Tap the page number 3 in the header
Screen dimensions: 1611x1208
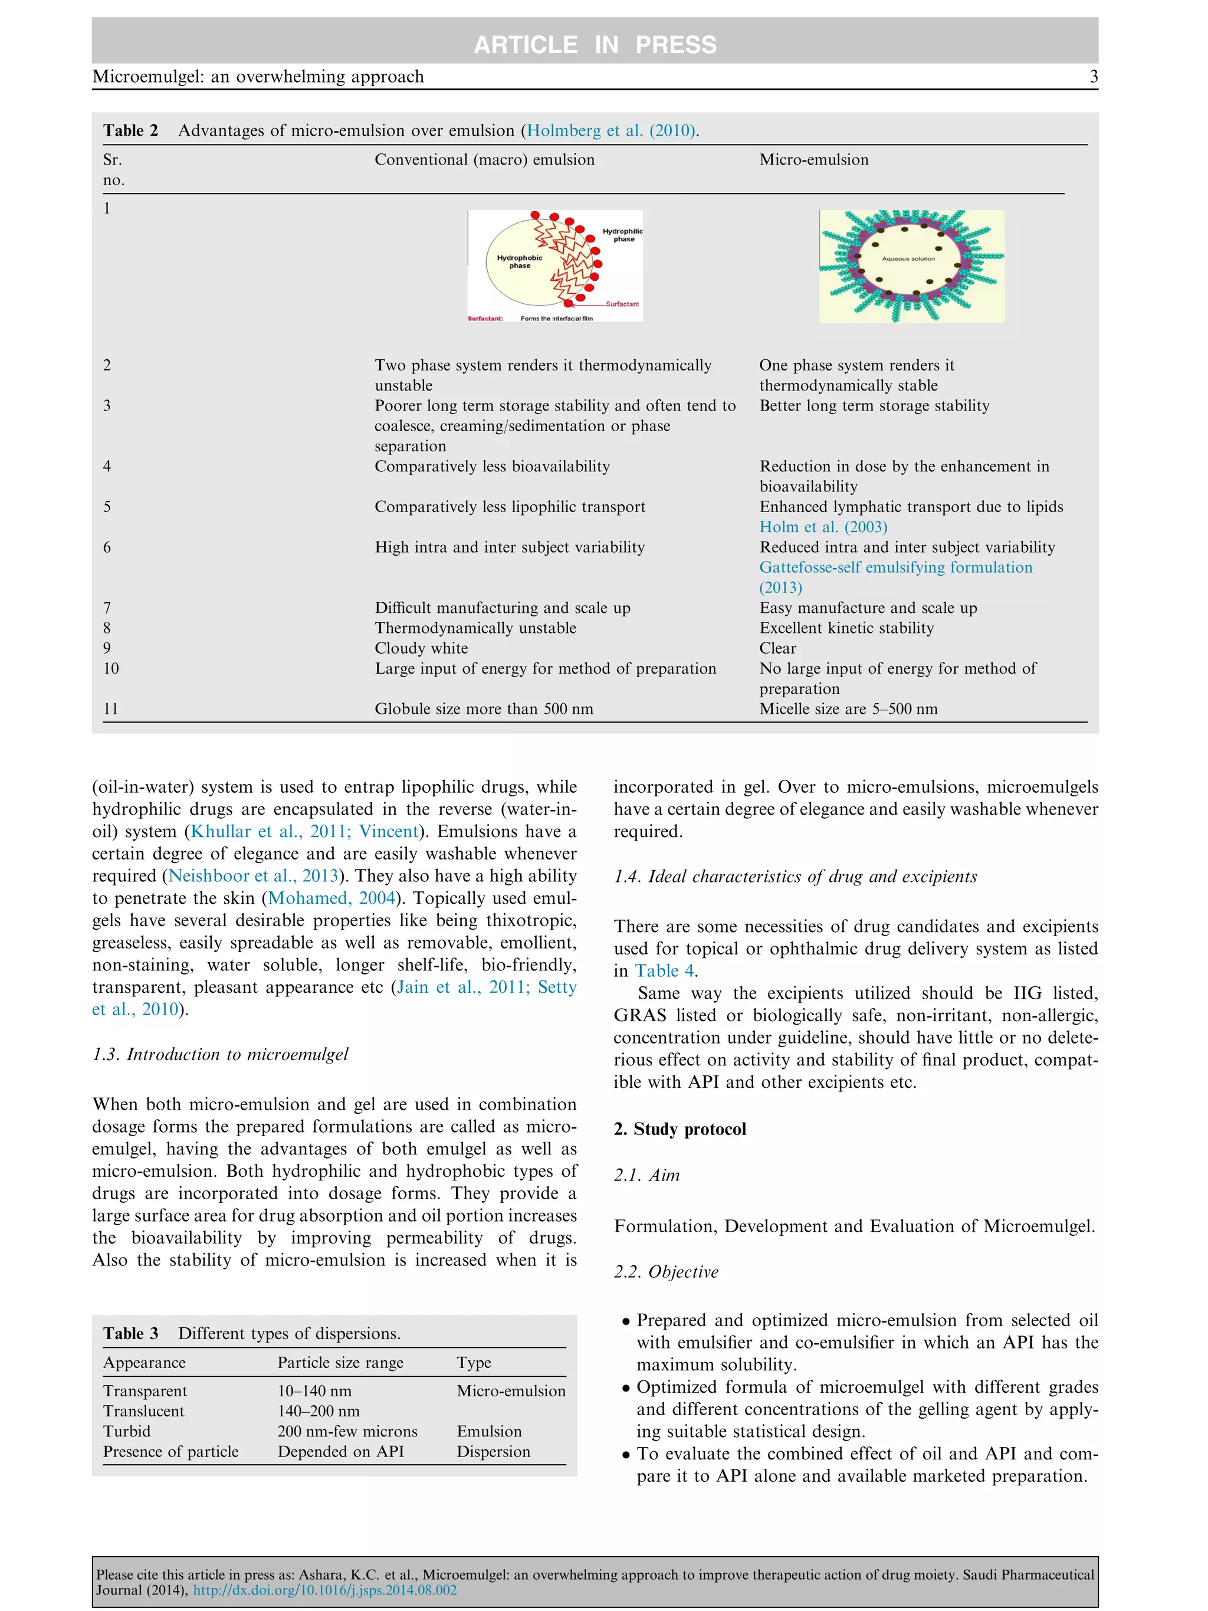[1093, 77]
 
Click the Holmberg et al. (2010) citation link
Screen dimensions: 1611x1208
[610, 130]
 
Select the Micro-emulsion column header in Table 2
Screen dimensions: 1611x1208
[813, 159]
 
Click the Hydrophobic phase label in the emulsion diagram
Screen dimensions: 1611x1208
[519, 261]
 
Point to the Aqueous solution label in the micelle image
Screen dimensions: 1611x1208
[908, 258]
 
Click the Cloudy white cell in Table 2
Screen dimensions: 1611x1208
[421, 648]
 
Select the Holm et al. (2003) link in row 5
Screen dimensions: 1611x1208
[823, 527]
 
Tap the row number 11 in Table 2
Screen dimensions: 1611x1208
[111, 708]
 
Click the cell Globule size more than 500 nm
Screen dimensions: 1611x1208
[484, 708]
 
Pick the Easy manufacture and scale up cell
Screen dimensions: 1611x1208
[868, 608]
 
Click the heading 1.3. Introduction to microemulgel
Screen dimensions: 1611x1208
[220, 1054]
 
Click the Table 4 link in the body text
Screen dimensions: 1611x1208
[664, 971]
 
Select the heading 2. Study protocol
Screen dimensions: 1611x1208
[679, 1129]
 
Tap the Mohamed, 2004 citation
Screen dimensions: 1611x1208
[332, 898]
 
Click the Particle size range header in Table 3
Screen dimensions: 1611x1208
[340, 1363]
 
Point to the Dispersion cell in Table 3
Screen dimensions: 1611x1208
[493, 1452]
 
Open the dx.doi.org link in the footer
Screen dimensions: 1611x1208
[325, 1590]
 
